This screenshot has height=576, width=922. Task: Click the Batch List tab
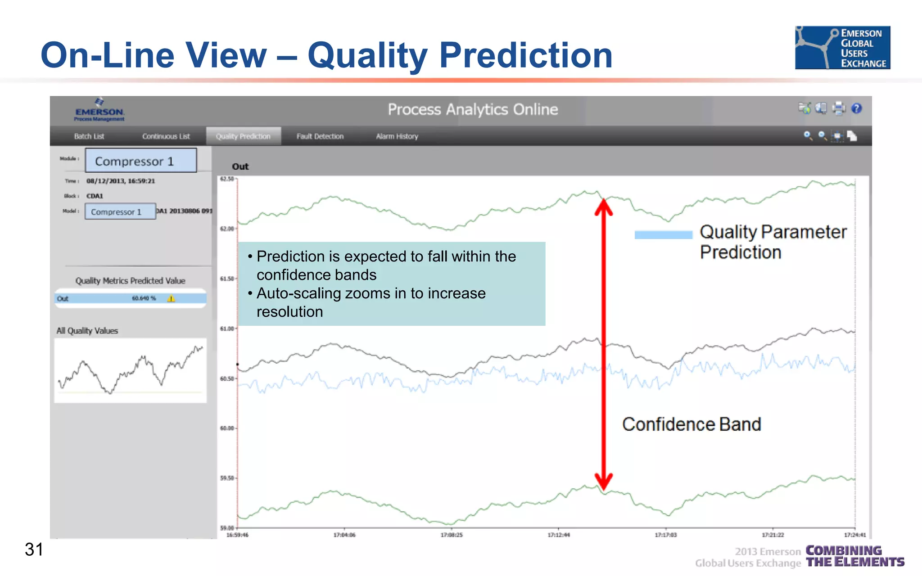pos(89,136)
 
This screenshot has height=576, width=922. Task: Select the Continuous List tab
pos(166,136)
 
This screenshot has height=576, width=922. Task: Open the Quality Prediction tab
pos(243,136)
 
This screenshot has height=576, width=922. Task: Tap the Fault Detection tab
pos(320,136)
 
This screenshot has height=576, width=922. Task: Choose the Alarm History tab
pos(397,136)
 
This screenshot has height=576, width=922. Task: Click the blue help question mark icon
pos(857,108)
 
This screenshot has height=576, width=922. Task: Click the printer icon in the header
pos(839,108)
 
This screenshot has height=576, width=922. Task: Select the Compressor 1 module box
pos(141,161)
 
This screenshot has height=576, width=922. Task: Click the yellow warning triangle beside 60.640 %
pos(171,298)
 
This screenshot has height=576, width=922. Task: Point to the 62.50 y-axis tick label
pos(227,179)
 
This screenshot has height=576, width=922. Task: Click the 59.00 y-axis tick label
pos(227,528)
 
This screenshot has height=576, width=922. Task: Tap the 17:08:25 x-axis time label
pos(452,535)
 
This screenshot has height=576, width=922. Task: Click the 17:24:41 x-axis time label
pos(854,535)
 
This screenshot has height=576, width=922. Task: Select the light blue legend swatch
pos(663,235)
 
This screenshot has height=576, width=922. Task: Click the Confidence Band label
pos(691,424)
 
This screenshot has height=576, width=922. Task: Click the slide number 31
pos(34,549)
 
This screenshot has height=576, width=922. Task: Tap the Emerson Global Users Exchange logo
pos(842,48)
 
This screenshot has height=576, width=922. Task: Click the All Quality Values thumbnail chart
pos(130,370)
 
